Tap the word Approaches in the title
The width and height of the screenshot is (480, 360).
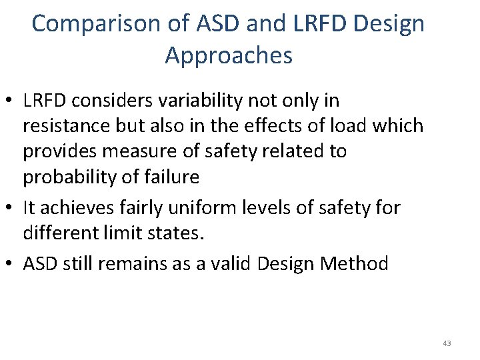pos(229,55)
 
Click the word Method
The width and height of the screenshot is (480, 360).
pos(355,264)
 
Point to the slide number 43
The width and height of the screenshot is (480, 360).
pos(447,343)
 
